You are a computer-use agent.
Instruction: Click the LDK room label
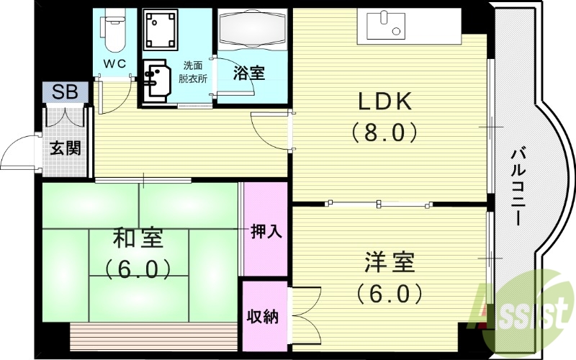click(385, 102)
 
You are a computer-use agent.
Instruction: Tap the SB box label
click(65, 92)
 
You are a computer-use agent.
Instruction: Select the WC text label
click(114, 63)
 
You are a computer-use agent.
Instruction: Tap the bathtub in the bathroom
click(253, 31)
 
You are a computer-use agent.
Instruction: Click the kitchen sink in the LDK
click(384, 26)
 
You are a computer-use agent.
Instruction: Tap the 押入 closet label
click(266, 231)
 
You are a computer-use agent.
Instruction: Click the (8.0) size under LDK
click(385, 133)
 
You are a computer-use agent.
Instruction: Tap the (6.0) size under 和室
click(138, 269)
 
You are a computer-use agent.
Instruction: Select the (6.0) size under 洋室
click(388, 293)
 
